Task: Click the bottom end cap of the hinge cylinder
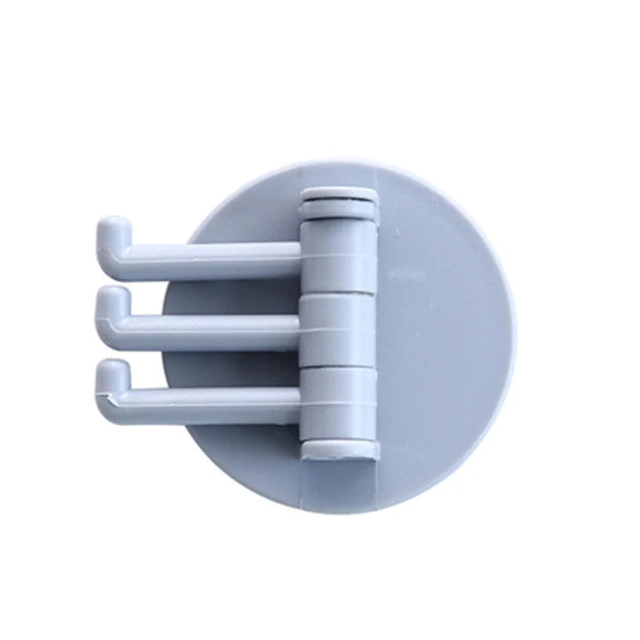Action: (x=340, y=445)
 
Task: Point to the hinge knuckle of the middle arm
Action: (x=340, y=329)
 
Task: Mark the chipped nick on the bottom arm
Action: (x=108, y=398)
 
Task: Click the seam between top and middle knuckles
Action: (x=340, y=293)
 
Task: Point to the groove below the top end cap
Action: (x=340, y=216)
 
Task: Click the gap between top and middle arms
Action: (x=213, y=280)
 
